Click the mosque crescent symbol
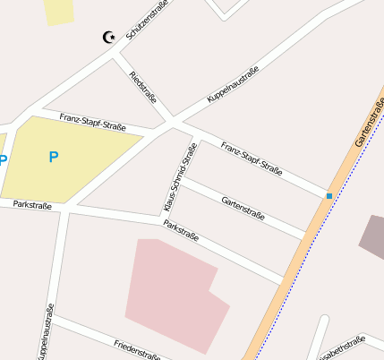pos(109,37)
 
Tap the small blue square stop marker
pos(329,195)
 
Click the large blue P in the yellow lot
pos(53,158)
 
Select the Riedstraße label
pos(143,87)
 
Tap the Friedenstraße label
pos(136,347)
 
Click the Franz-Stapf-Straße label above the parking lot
pos(93,122)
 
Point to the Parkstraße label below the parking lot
pos(32,206)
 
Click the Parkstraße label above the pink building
pos(193,236)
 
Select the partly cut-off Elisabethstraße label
pos(343,348)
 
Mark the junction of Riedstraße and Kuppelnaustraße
pos(171,121)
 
